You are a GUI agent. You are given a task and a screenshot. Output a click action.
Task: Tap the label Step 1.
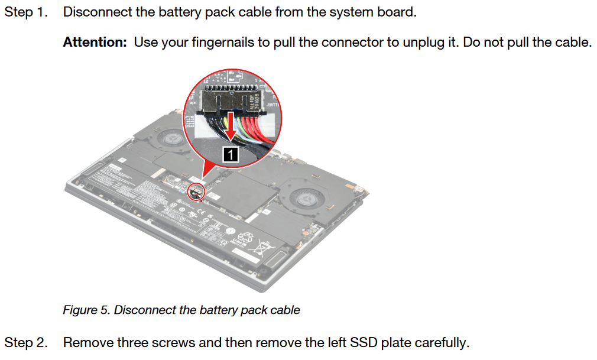(x=25, y=12)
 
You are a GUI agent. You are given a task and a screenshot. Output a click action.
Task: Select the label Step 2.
(x=25, y=342)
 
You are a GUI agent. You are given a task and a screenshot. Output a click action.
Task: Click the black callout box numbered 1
(x=231, y=154)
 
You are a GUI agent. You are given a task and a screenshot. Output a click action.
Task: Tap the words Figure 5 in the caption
(x=85, y=310)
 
